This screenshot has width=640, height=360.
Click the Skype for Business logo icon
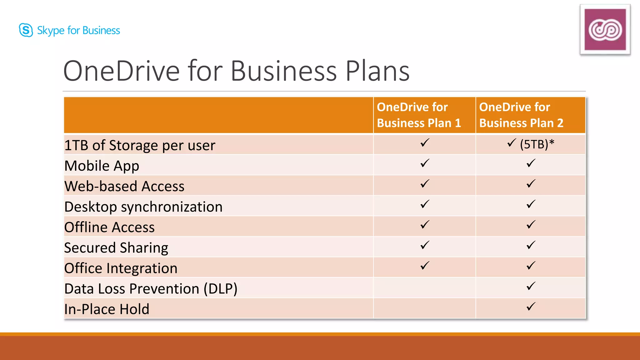click(x=26, y=30)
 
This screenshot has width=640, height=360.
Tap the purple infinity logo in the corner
click(x=605, y=30)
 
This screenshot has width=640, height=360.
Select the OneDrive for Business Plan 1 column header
click(x=419, y=115)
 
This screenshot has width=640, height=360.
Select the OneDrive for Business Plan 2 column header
click(x=521, y=115)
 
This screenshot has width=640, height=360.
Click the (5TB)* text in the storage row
click(x=537, y=144)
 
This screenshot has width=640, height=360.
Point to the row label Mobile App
click(x=102, y=166)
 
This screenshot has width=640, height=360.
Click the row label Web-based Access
click(x=124, y=186)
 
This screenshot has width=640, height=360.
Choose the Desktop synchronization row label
click(x=143, y=207)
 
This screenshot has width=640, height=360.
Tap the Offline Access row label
click(x=109, y=227)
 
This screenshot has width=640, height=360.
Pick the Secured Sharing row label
click(x=116, y=248)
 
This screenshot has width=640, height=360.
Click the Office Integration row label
click(x=121, y=268)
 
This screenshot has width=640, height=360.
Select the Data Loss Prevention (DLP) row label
click(x=151, y=289)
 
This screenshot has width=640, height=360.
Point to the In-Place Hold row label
click(x=107, y=309)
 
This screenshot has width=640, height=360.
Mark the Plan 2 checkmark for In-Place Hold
click(x=531, y=307)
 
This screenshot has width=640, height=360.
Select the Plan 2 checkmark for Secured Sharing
click(x=531, y=245)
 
